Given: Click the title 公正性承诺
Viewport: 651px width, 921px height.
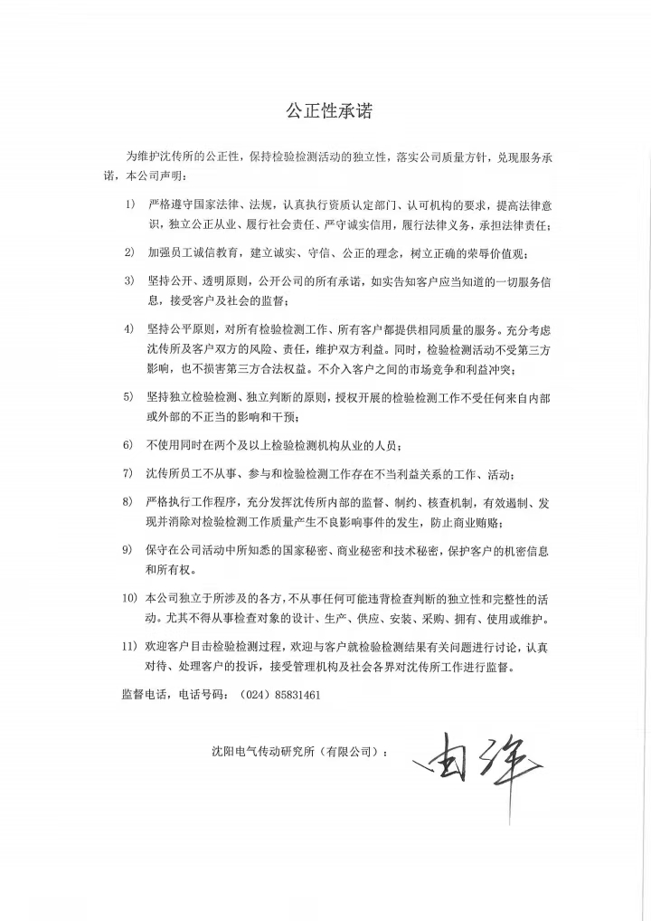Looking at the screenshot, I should click(x=328, y=110).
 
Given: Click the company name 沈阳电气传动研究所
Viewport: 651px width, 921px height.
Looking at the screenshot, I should click(x=262, y=752).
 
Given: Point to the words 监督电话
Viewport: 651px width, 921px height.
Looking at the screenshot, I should click(x=143, y=697).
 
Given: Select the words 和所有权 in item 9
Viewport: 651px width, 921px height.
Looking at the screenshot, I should click(x=168, y=571).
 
